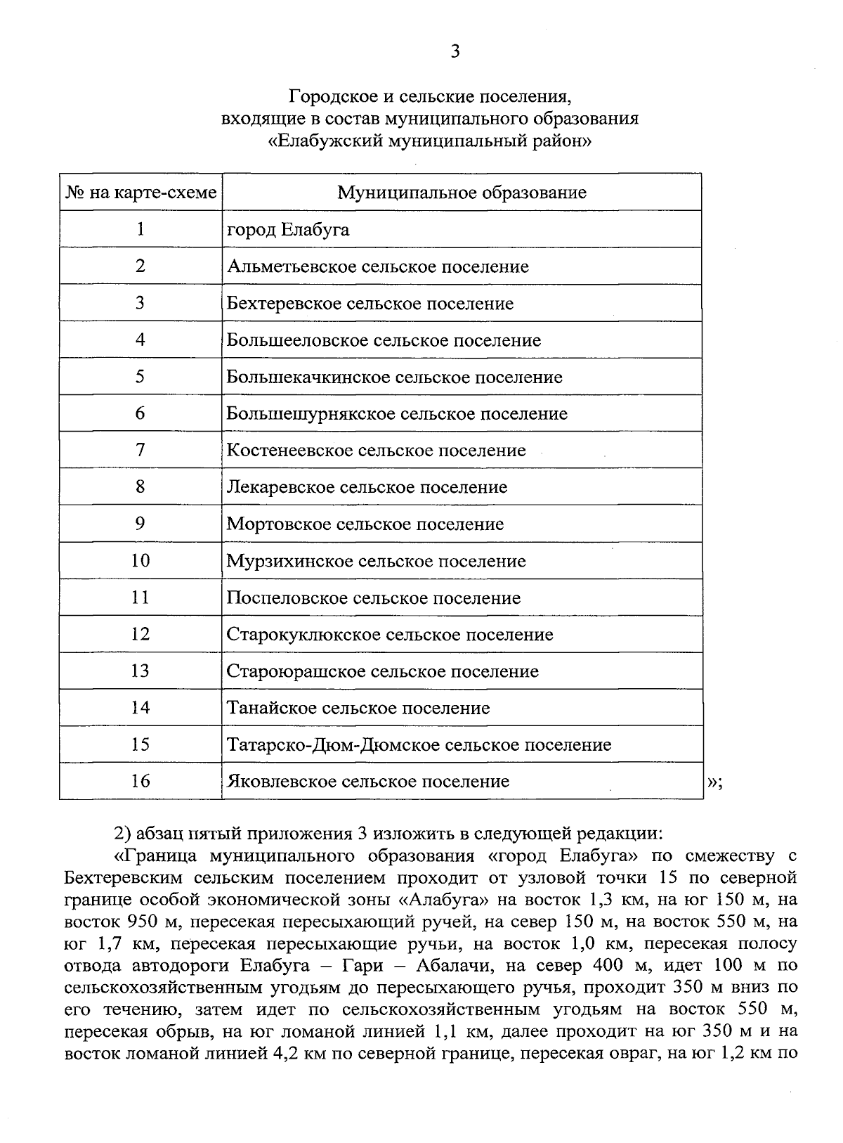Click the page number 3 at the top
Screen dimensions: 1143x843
pyautogui.click(x=455, y=52)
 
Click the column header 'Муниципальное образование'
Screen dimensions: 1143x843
pyautogui.click(x=462, y=193)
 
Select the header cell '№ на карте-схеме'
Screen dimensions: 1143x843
pyautogui.click(x=140, y=193)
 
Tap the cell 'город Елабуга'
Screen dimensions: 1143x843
pyautogui.click(x=288, y=230)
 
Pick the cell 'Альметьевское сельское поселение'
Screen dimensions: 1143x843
pyautogui.click(x=377, y=267)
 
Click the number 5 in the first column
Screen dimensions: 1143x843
pyautogui.click(x=140, y=377)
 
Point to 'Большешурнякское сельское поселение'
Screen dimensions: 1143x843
pyautogui.click(x=396, y=414)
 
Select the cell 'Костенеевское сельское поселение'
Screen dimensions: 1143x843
pyautogui.click(x=376, y=451)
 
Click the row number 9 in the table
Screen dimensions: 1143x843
pyautogui.click(x=140, y=524)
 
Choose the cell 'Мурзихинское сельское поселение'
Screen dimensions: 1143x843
pyautogui.click(x=376, y=561)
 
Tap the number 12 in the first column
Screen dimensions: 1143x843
pyautogui.click(x=140, y=634)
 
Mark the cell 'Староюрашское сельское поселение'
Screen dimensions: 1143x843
pyautogui.click(x=382, y=671)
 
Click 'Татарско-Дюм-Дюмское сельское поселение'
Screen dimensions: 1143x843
pyautogui.click(x=419, y=744)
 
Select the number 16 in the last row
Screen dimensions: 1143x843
pyautogui.click(x=140, y=781)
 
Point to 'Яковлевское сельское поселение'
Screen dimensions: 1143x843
pyautogui.click(x=367, y=782)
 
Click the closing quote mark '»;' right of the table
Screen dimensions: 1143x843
pyautogui.click(x=714, y=784)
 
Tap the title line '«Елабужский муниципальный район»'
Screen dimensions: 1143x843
pyautogui.click(x=430, y=140)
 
